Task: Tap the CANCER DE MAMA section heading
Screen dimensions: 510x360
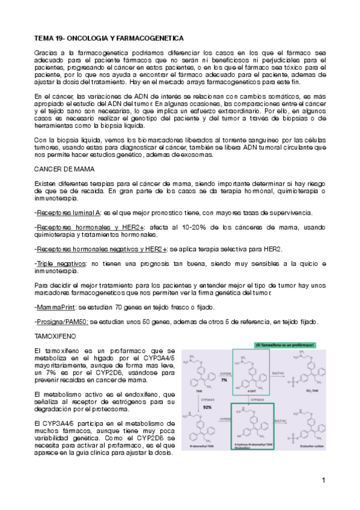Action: pos(60,169)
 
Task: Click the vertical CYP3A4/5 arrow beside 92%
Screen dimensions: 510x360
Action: pos(200,408)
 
